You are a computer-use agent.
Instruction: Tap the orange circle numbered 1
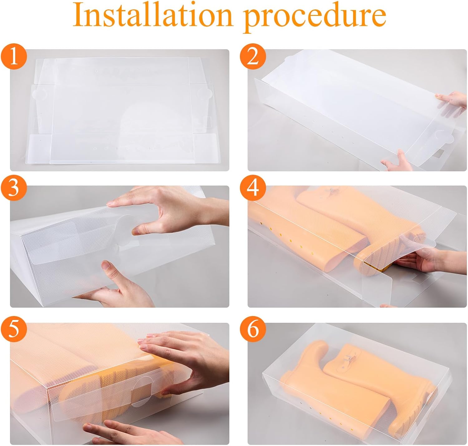[14, 56]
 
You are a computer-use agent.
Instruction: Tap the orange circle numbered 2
[253, 56]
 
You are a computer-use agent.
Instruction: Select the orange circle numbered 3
[14, 188]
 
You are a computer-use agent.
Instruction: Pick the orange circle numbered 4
[253, 188]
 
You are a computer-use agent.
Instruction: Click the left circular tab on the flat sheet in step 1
[40, 93]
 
